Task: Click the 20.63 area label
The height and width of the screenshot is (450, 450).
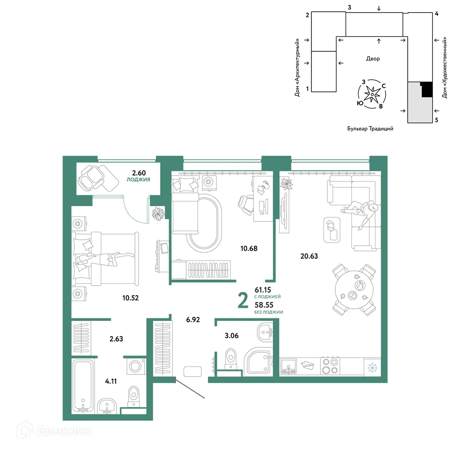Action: coord(309,256)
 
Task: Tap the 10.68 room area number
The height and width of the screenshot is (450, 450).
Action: coord(249,248)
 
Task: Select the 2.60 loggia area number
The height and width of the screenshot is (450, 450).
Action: coord(139,173)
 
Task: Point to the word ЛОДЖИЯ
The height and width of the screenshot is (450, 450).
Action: coord(138,180)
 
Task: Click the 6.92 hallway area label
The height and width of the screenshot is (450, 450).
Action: coord(193,319)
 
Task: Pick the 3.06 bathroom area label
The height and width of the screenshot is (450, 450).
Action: coord(232,336)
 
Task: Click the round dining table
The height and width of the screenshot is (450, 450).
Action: coord(355,289)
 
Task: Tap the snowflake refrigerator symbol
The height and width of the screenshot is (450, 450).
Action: coord(372,367)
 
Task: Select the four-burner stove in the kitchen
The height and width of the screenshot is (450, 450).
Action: coord(330,366)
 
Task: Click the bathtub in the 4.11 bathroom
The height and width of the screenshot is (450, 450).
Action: coord(83,386)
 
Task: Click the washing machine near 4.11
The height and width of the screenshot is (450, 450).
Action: coord(136,366)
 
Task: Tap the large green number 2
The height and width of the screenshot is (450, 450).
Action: coord(243,301)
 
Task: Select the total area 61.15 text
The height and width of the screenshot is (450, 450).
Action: coord(263,290)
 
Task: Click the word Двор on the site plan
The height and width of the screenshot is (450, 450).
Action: coord(373,59)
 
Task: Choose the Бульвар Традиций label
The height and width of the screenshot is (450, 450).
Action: coord(370,129)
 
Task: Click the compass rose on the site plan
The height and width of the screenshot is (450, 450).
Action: coord(372,94)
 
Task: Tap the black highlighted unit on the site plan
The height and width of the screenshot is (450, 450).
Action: coord(427,89)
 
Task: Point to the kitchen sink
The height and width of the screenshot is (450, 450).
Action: coord(288,366)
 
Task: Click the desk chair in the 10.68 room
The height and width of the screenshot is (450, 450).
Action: coord(245,205)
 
